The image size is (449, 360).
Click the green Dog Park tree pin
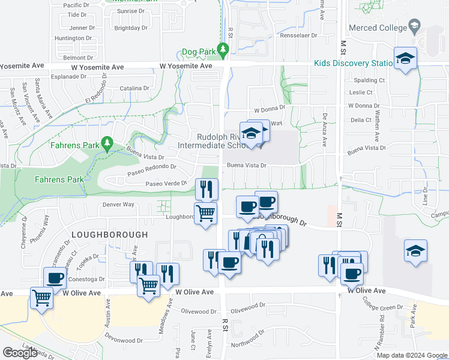[224, 49]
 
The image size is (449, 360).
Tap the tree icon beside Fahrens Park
[107, 143]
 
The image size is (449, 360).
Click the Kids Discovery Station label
[355, 64]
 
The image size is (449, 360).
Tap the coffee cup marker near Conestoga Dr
[55, 278]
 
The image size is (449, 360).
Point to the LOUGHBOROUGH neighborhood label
[109, 234]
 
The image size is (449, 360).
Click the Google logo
[20, 353]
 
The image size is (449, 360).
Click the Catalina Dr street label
[134, 88]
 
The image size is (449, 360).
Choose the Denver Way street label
[118, 204]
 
